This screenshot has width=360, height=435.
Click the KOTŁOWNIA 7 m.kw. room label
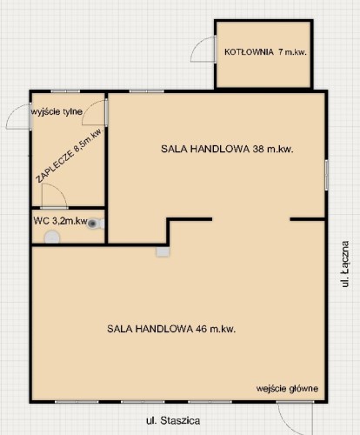tap(265, 52)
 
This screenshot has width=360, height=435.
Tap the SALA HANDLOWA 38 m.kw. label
tap(227, 149)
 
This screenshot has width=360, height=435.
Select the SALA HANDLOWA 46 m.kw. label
tap(171, 329)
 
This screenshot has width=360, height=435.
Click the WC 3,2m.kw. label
tap(60, 221)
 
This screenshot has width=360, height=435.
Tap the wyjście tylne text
tap(57, 111)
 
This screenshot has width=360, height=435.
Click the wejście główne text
tap(287, 389)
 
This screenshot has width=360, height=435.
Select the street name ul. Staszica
tap(173, 420)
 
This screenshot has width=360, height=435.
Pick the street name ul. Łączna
tap(345, 264)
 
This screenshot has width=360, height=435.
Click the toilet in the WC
tap(96, 224)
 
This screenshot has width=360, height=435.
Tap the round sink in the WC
tap(52, 238)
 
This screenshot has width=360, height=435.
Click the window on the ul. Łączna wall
tap(326, 175)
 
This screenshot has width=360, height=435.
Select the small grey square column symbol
tap(163, 251)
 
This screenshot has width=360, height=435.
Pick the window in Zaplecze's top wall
tap(65, 91)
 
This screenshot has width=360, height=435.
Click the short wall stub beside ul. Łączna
tap(307, 219)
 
